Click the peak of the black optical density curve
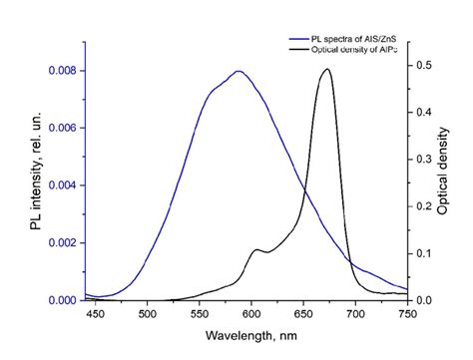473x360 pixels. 327,69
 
